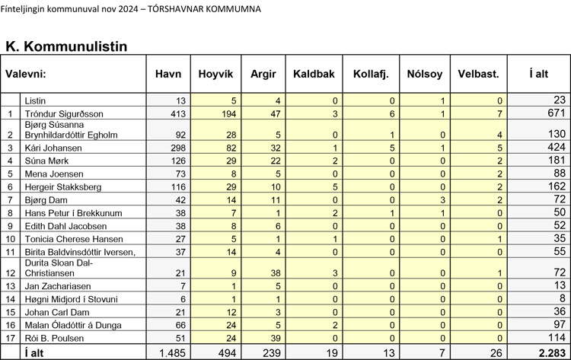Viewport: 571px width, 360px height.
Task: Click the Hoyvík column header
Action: (215, 74)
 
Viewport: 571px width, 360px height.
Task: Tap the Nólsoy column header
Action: (425, 74)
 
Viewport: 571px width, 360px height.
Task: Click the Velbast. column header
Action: (479, 74)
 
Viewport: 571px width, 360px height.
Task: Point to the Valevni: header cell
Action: (27, 74)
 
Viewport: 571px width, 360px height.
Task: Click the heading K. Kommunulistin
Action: (65, 47)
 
